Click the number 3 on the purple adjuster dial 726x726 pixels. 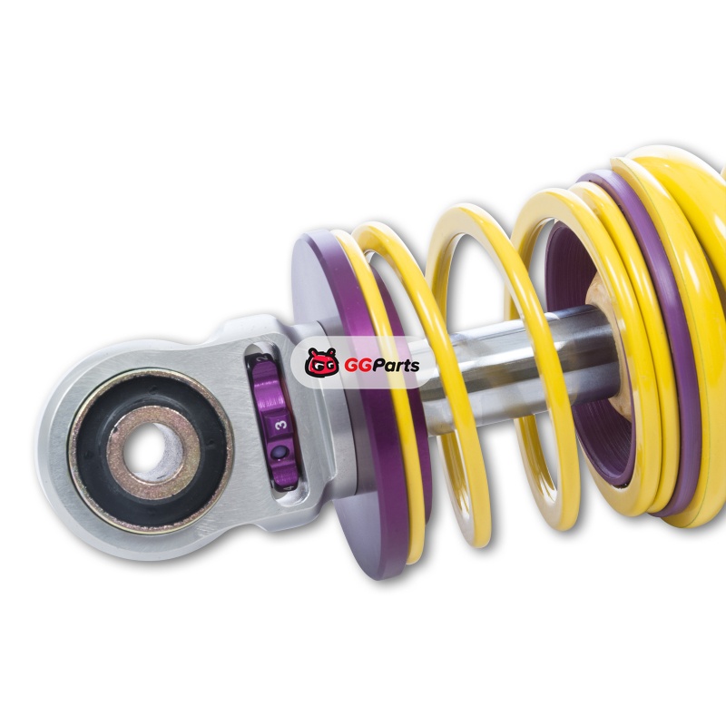[x=281, y=425]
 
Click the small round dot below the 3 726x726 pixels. [x=280, y=452]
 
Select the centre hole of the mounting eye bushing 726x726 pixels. [x=149, y=449]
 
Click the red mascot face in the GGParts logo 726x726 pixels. [x=321, y=362]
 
